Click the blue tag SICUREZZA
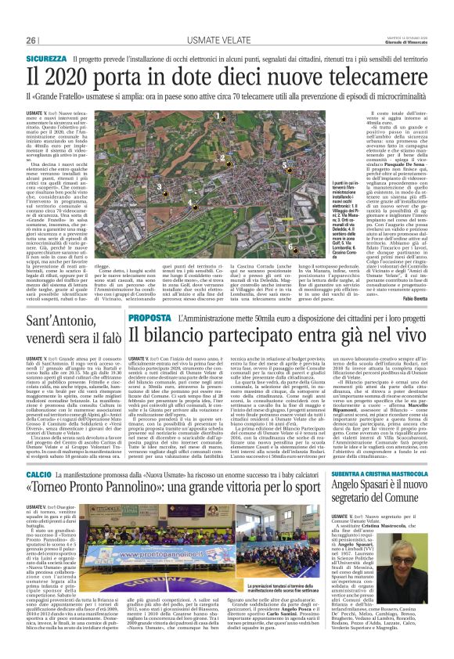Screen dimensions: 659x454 coord(47,59)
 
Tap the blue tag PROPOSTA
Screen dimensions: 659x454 coord(150,319)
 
